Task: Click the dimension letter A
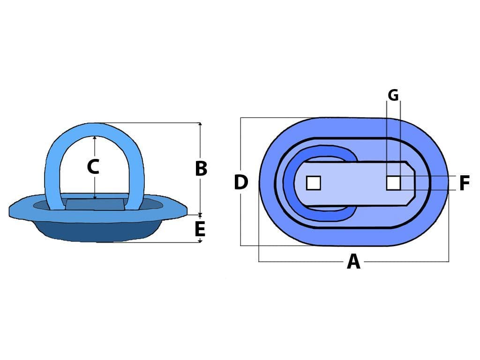(x=353, y=262)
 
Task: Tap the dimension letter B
(x=201, y=168)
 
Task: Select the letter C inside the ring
(x=93, y=167)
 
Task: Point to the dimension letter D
(x=241, y=182)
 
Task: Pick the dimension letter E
(x=200, y=229)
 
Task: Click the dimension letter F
(x=465, y=183)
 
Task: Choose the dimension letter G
(x=393, y=95)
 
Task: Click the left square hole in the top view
(x=314, y=183)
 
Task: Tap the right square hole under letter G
(x=393, y=183)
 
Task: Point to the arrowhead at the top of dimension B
(x=200, y=124)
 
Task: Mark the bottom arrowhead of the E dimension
(x=200, y=241)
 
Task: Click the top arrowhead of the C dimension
(x=95, y=138)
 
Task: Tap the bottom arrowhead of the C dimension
(x=95, y=197)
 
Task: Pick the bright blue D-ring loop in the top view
(x=289, y=183)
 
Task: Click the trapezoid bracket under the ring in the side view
(x=95, y=204)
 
